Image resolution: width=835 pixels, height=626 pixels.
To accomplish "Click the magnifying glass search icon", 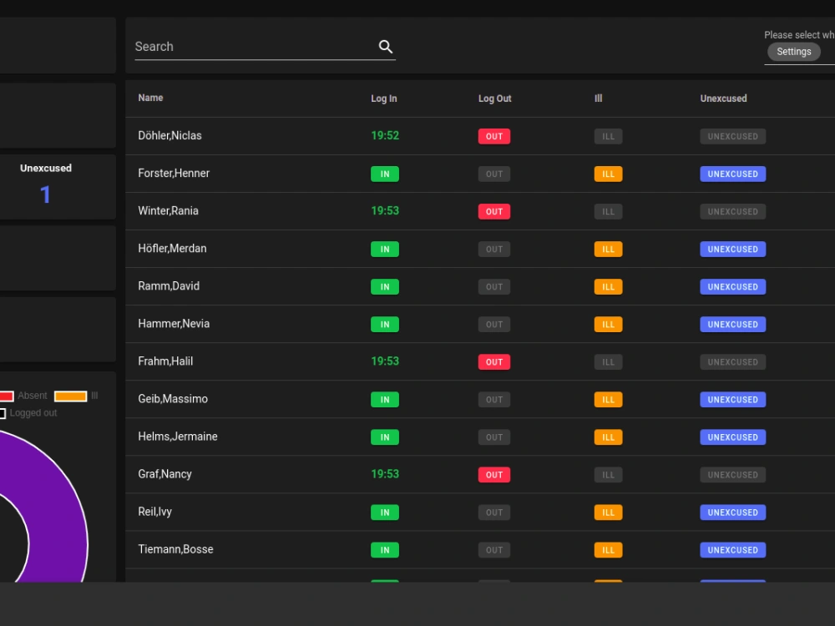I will (x=386, y=47).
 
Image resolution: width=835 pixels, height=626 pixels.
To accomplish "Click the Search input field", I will (x=250, y=47).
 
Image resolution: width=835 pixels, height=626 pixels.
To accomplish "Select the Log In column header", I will (x=384, y=98).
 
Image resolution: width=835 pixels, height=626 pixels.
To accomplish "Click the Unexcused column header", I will (x=723, y=98).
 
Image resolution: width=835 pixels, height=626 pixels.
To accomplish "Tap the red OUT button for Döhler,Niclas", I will (x=494, y=136).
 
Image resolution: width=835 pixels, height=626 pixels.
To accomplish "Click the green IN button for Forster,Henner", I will (x=385, y=174).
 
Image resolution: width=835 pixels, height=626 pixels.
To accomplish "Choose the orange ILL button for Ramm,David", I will (x=608, y=286).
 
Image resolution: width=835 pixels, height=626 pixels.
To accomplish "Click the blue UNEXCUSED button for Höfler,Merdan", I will (x=732, y=249).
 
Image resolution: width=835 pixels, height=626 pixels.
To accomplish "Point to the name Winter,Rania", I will (x=169, y=211).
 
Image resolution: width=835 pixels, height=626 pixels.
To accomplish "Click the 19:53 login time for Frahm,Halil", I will (x=385, y=361).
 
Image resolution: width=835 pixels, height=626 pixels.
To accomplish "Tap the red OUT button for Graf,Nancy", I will (x=494, y=475).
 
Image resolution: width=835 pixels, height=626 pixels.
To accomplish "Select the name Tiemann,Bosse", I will (x=175, y=549).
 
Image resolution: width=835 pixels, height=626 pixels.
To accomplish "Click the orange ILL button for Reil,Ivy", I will (x=608, y=512).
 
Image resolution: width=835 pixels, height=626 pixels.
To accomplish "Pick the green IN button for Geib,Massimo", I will (x=385, y=400).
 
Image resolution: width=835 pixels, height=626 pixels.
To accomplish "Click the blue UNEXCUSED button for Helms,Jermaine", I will (x=732, y=437).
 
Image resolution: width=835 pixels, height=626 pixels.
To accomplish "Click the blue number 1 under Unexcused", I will (x=46, y=195).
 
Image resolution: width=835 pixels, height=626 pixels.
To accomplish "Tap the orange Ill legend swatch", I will (x=71, y=396).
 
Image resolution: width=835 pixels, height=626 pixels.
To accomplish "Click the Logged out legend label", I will (x=33, y=413).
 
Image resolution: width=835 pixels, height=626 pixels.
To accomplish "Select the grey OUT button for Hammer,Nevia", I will (x=494, y=325).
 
